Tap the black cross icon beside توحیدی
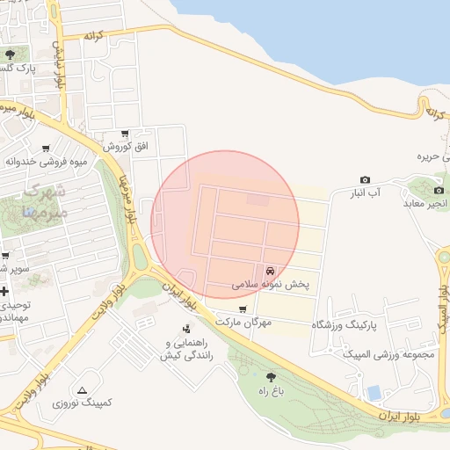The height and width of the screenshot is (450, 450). pyautogui.click(x=4, y=291)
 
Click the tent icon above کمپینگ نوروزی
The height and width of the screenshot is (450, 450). pyautogui.click(x=82, y=389)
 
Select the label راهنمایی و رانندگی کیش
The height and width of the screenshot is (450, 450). pyautogui.click(x=183, y=349)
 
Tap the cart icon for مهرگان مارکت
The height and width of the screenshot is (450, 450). pyautogui.click(x=243, y=309)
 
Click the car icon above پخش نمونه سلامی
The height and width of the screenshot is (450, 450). pyautogui.click(x=270, y=271)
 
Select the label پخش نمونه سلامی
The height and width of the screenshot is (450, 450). pyautogui.click(x=272, y=286)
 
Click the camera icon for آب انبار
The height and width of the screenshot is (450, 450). pyautogui.click(x=366, y=179)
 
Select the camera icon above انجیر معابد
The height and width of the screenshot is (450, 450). pyautogui.click(x=439, y=189)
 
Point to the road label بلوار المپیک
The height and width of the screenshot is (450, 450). pyautogui.click(x=443, y=316)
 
